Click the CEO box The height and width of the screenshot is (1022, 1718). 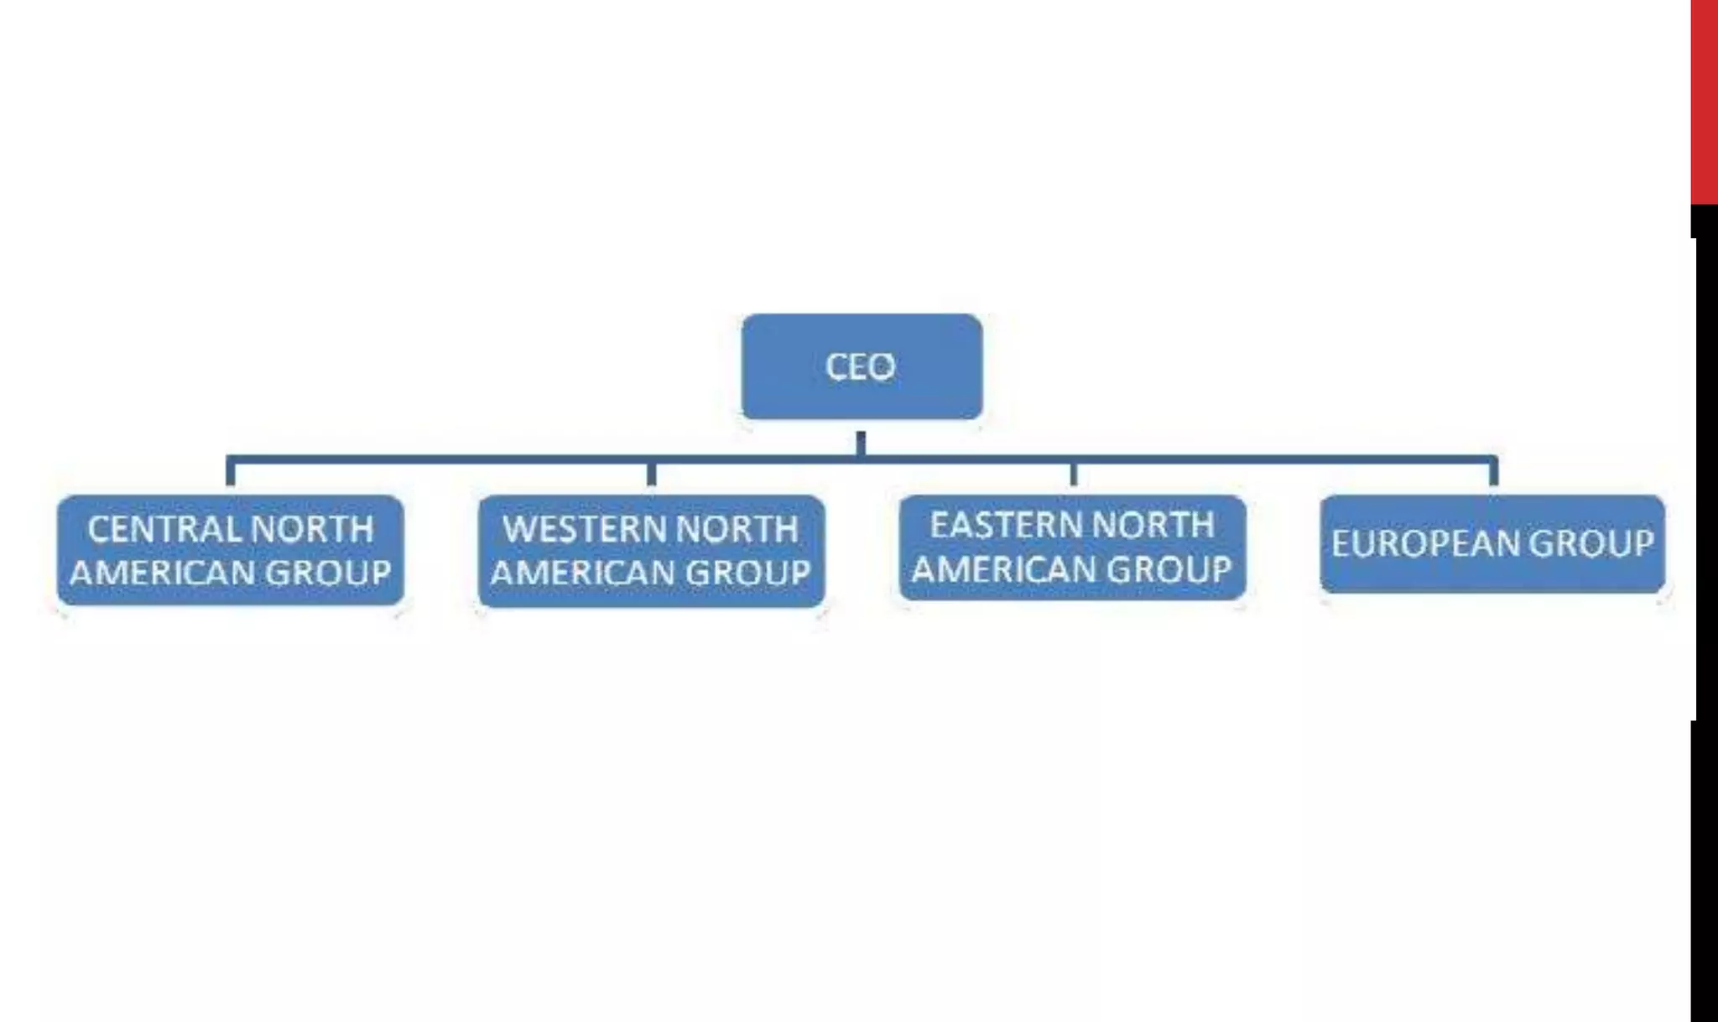862,366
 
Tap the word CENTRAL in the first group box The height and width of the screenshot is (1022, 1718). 164,529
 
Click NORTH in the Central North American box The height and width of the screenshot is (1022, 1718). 312,529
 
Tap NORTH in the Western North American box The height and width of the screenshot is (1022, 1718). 737,529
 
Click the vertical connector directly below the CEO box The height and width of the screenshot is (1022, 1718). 861,443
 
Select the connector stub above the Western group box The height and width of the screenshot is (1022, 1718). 651,474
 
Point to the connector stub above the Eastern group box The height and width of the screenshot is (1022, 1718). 1073,474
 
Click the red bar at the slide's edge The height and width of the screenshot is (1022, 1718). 1704,101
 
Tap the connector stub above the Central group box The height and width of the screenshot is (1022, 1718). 230,474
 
